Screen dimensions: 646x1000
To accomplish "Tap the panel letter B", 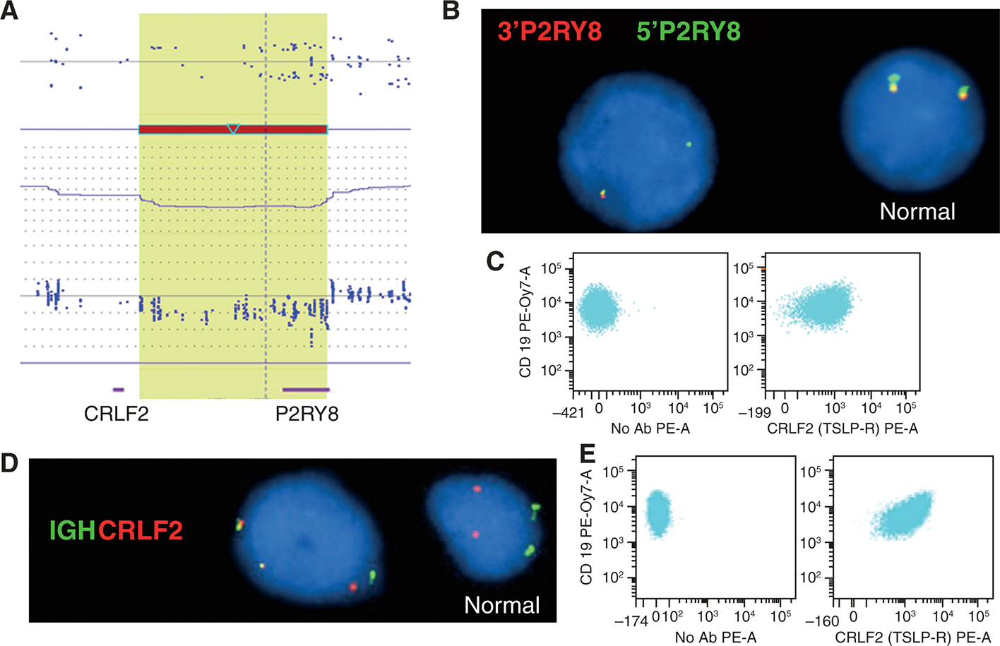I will [x=451, y=11].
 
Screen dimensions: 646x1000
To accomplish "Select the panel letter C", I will [x=495, y=261].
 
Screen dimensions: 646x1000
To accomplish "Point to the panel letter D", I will [x=9, y=463].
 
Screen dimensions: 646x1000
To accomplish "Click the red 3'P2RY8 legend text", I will [x=549, y=32].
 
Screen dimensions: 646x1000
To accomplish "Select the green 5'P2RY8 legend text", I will [x=689, y=32].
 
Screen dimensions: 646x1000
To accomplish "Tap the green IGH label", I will [x=72, y=530].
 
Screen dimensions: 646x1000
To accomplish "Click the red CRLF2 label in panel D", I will [x=141, y=530].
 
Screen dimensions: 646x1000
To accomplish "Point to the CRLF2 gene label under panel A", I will [x=117, y=414].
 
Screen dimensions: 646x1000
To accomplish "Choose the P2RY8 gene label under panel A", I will [x=307, y=414].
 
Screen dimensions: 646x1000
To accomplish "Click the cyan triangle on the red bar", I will [x=233, y=128].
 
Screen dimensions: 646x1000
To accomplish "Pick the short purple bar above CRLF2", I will [x=118, y=389].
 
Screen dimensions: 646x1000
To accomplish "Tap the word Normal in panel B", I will [x=917, y=211].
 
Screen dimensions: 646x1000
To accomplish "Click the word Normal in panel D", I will [x=502, y=605].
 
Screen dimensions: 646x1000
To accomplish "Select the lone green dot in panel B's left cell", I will [x=689, y=144].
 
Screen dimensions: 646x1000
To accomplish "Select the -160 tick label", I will [x=822, y=621].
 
